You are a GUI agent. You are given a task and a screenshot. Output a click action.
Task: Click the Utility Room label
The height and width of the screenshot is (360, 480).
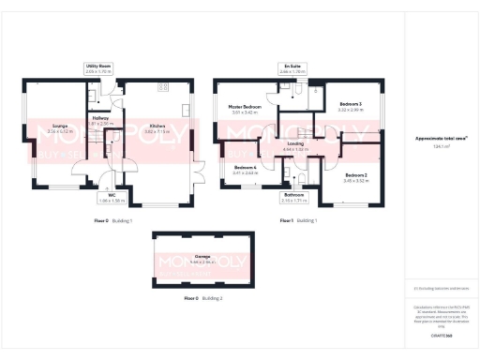tap(97, 68)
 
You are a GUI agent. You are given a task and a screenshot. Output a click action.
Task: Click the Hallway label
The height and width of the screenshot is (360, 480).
tap(100, 120)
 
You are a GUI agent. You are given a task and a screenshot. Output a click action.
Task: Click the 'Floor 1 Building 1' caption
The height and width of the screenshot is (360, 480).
tap(299, 220)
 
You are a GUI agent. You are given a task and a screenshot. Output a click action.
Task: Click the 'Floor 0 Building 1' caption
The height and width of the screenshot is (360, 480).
tap(113, 220)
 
